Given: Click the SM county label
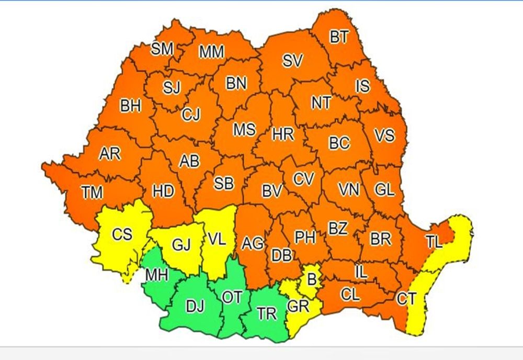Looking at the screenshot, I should (x=162, y=49).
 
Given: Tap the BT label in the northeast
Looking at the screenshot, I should (x=338, y=37).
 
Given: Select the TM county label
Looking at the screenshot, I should (x=92, y=193).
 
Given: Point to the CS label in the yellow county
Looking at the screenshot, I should (x=122, y=234).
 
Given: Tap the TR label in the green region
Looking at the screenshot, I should (x=267, y=314).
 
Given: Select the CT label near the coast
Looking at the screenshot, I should (x=406, y=299).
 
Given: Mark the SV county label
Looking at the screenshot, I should (x=293, y=61).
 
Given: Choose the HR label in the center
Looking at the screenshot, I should (x=283, y=134).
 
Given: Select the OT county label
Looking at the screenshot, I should (x=232, y=297).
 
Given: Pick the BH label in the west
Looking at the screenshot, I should (x=130, y=106).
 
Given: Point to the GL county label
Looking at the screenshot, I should (x=384, y=190).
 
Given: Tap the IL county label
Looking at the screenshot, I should (x=361, y=272).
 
